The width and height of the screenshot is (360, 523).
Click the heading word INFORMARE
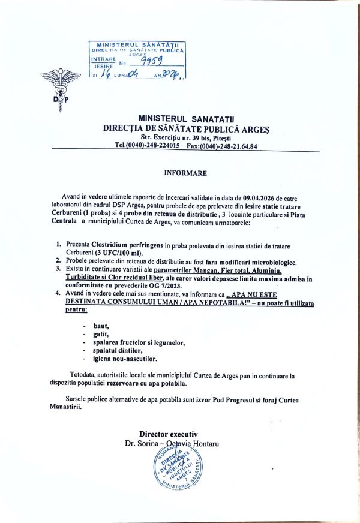pos(185,173)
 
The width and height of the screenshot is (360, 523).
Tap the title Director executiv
pos(168,433)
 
